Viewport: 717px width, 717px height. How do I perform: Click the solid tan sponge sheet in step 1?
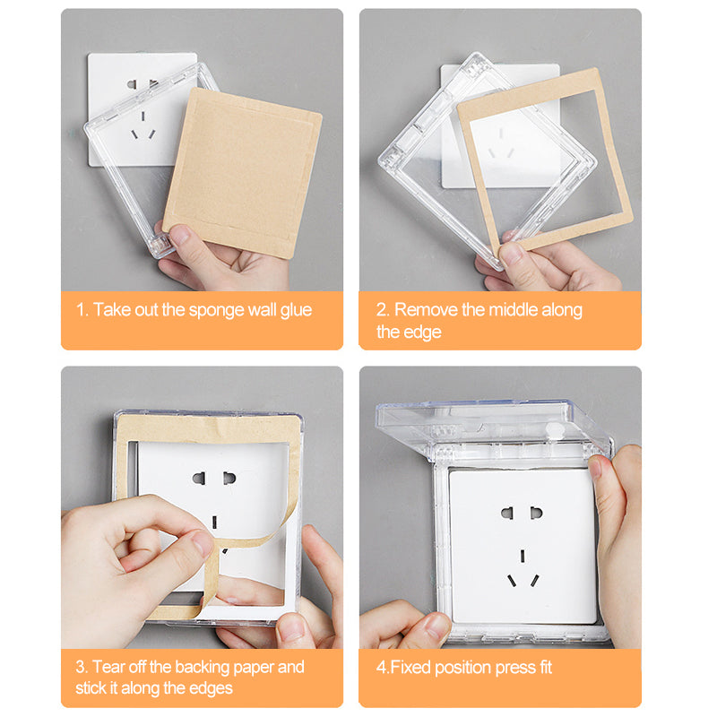[x=242, y=173]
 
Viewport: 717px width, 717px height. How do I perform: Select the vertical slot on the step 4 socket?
[x=523, y=556]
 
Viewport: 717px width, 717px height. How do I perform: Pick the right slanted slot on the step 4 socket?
[x=534, y=580]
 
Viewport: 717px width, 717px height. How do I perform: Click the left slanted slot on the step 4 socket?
[x=512, y=581]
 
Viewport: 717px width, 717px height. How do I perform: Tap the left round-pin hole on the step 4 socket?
[x=506, y=513]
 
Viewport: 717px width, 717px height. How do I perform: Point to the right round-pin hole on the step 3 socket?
[x=229, y=479]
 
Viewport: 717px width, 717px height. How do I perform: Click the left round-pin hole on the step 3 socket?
[x=199, y=479]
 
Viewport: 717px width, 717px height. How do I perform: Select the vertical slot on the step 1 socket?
[x=143, y=117]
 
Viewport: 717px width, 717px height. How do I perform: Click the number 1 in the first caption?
[x=81, y=310]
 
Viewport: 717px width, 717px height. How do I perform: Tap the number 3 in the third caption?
[x=81, y=667]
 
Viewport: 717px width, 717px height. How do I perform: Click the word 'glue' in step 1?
[x=296, y=311]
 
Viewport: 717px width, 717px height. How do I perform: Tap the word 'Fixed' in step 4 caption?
[x=410, y=668]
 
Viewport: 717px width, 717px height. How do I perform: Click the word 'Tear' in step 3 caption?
[x=108, y=667]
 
